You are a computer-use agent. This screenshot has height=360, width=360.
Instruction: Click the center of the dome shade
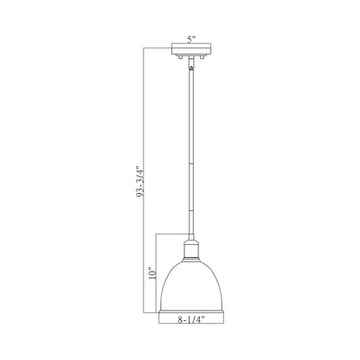tap(191, 277)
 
